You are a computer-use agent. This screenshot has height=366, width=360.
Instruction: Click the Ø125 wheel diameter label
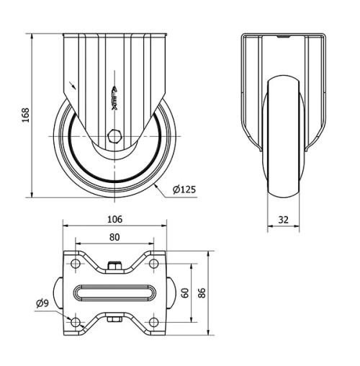tap(184, 190)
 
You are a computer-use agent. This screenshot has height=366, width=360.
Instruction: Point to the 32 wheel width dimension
tap(283, 220)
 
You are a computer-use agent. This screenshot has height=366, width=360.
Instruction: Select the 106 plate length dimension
tap(114, 219)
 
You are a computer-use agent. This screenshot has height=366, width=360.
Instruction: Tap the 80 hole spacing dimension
tap(114, 236)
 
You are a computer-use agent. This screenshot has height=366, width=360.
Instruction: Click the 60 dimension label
tap(185, 293)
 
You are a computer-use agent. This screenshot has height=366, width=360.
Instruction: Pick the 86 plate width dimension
tap(202, 293)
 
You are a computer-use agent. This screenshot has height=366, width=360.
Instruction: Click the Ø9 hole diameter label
tap(42, 303)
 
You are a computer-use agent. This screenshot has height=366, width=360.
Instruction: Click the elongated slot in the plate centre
tap(114, 293)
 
